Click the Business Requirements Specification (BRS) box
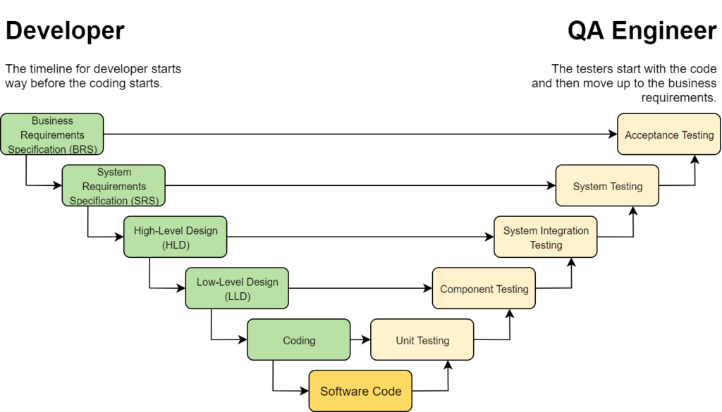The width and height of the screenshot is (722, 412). coord(52,135)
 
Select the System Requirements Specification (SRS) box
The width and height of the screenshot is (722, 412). coord(114,186)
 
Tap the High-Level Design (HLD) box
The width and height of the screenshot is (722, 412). coord(176,237)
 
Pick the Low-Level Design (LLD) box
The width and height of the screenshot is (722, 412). coord(237,289)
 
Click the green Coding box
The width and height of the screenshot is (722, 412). coord(298,340)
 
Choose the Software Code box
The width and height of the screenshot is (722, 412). coord(360,391)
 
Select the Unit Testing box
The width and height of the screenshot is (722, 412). coord(422,340)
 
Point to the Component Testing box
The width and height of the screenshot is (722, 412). coord(484,289)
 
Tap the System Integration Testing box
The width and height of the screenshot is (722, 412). coord(546,237)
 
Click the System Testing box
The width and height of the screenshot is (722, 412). coord(607,186)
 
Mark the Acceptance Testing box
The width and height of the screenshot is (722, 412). coord(669,135)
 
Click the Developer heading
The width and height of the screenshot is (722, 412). coord(65,31)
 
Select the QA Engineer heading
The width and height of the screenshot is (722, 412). coord(642,31)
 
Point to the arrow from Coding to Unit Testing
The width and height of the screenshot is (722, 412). coord(360,340)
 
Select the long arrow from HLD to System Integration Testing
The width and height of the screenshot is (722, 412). coord(360,237)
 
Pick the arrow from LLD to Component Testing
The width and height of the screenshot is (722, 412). coord(360,289)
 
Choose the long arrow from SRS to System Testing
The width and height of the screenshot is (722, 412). coord(360,186)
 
